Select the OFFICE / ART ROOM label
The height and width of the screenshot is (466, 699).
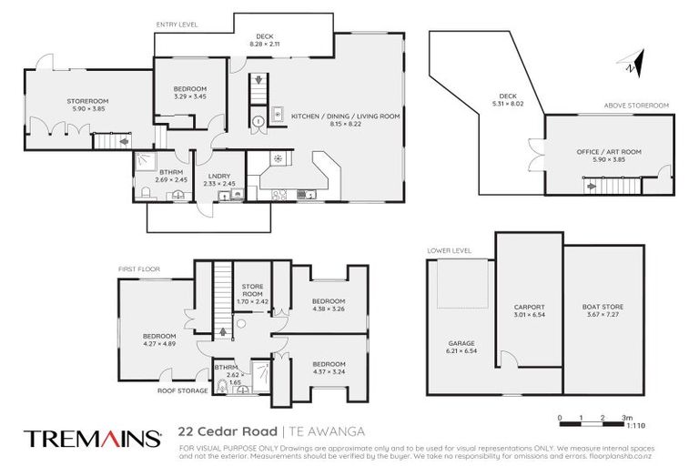[x=609, y=152]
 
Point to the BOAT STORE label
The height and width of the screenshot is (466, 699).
[x=603, y=307]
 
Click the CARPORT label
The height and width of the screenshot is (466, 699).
[x=529, y=307]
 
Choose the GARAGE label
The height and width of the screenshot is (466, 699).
[x=461, y=343]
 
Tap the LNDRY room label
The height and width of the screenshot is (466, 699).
[x=218, y=176]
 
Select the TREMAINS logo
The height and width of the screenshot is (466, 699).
[x=93, y=438]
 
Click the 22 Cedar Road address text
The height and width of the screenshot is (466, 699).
[x=229, y=432]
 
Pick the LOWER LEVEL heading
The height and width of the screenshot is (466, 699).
[x=447, y=249]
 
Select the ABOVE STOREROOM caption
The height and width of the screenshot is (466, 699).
[x=636, y=106]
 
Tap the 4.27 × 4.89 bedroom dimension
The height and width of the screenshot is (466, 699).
[x=158, y=344]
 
